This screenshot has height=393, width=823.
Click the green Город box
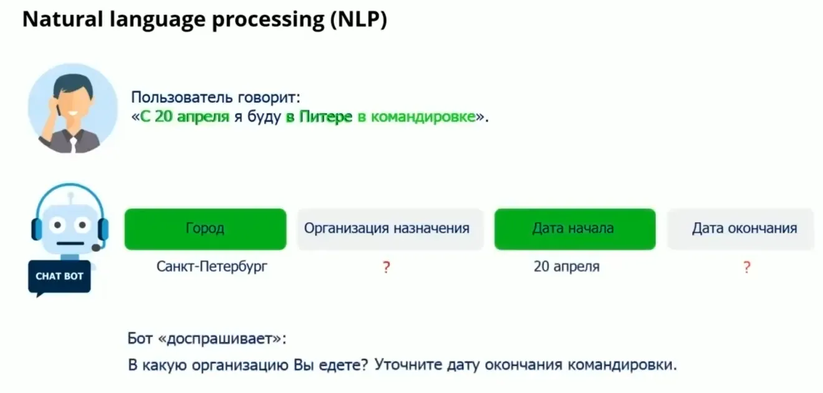(x=205, y=229)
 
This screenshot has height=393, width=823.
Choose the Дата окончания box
(x=743, y=229)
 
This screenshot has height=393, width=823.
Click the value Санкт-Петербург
(x=211, y=267)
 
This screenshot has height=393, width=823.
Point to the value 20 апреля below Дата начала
(x=566, y=267)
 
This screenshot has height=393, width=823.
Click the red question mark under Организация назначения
(x=386, y=268)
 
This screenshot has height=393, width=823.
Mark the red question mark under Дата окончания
(x=746, y=268)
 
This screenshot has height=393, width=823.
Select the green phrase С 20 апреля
(x=185, y=117)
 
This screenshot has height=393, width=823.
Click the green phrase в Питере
(x=319, y=117)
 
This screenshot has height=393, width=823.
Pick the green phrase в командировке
(x=416, y=117)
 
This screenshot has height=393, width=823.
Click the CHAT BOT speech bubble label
(x=59, y=276)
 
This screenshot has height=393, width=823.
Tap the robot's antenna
(x=70, y=196)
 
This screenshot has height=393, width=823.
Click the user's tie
(x=73, y=145)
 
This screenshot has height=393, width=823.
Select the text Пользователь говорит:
(x=215, y=98)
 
